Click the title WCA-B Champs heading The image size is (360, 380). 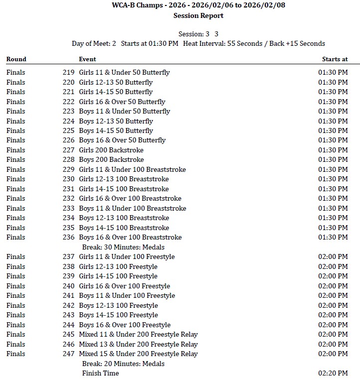198,5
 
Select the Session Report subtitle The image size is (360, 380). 198,15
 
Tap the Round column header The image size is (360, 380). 16,59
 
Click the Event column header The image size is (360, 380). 87,59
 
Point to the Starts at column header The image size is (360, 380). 335,59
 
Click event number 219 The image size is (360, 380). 68,72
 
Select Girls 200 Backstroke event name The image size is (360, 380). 111,150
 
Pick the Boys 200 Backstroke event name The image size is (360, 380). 111,159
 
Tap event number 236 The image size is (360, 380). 68,237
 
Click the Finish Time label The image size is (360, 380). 100,373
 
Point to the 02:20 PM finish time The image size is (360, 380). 333,373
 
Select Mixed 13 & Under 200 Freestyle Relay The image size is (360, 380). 138,344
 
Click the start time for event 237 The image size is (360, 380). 333,256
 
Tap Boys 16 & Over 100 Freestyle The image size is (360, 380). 125,325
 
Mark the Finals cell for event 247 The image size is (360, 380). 16,354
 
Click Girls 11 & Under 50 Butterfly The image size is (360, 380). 124,72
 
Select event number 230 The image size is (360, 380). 68,179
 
